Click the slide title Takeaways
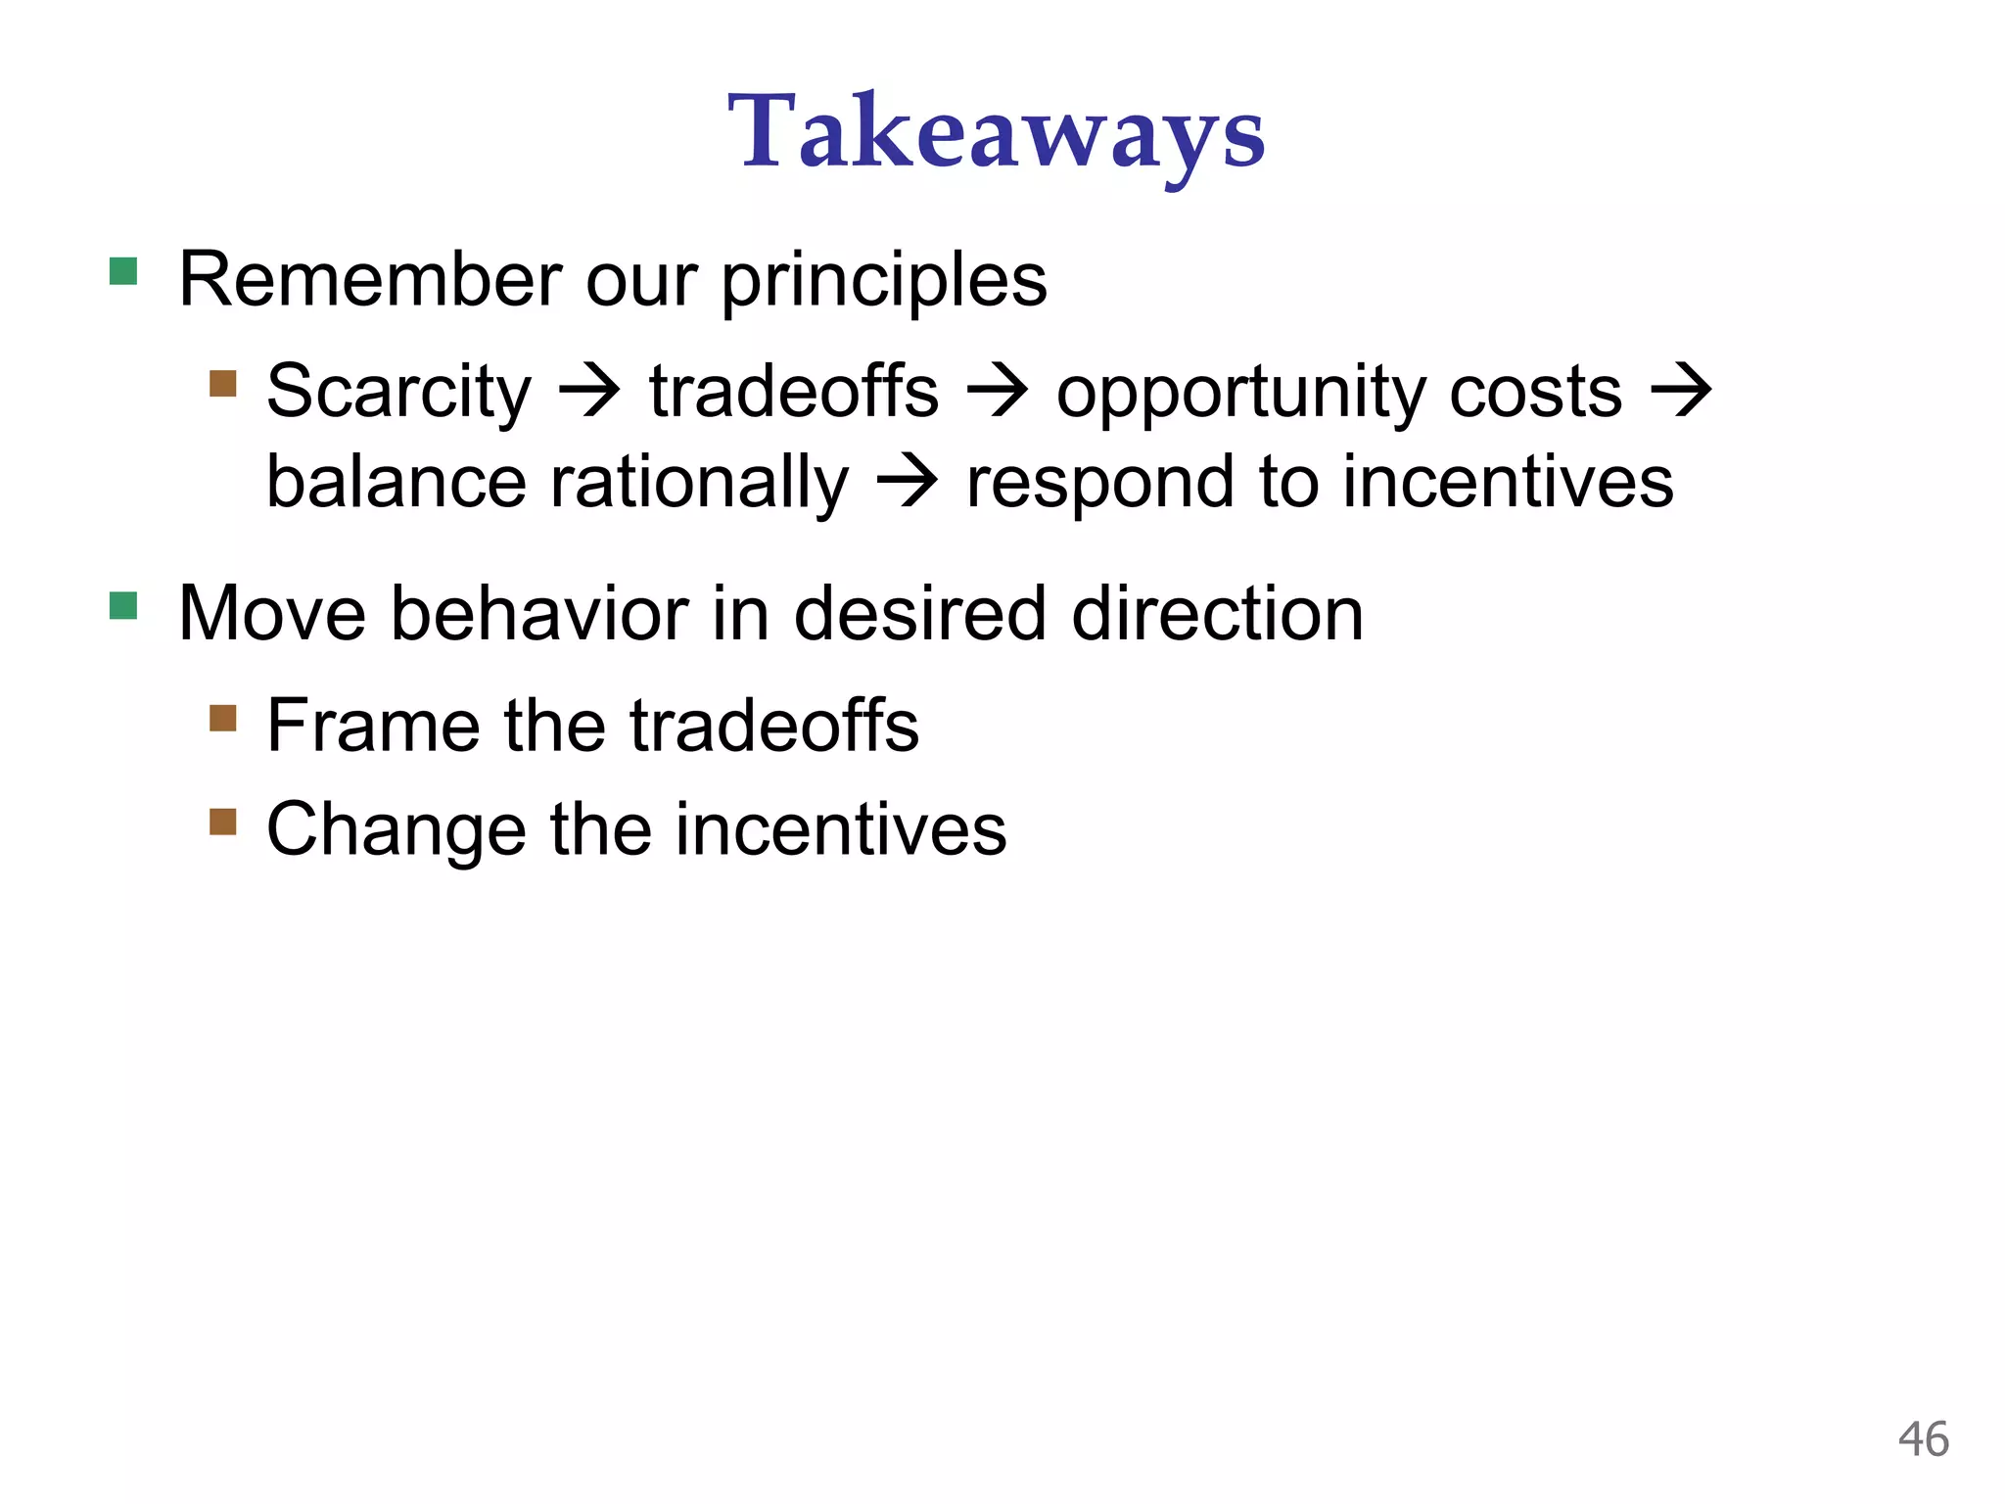tap(996, 133)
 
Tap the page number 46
tap(1923, 1439)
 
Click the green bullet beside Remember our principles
tap(123, 271)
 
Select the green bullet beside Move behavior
tap(123, 606)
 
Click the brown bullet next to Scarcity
tap(223, 383)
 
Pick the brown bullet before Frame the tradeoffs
tap(223, 719)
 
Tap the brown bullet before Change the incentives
tap(223, 822)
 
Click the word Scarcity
tap(398, 392)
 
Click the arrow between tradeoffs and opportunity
tap(997, 392)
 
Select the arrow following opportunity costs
tap(1681, 392)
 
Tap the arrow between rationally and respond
tap(907, 483)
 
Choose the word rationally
tap(699, 483)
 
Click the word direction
tap(1217, 615)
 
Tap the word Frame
tap(373, 726)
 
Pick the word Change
tap(396, 830)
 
